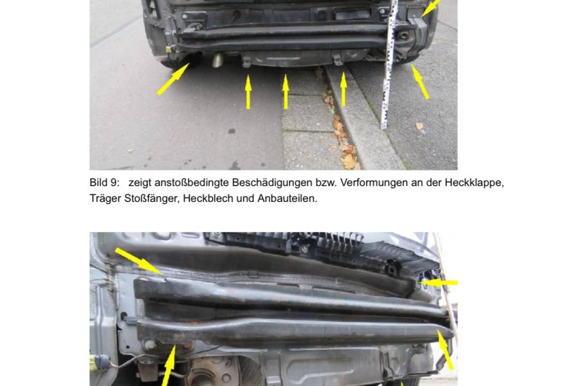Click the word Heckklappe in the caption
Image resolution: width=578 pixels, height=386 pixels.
coord(474,183)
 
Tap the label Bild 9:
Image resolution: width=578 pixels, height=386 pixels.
coord(105,183)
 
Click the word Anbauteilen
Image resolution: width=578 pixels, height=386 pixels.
coord(287,198)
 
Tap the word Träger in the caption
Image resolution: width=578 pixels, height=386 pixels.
coord(105,198)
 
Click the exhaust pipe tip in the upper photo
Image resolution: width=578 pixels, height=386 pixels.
coord(218,60)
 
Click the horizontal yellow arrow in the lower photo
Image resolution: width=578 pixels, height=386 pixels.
coord(439,283)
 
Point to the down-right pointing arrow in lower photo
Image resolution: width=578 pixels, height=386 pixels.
coord(139,261)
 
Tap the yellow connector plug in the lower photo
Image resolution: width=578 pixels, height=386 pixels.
coord(100,361)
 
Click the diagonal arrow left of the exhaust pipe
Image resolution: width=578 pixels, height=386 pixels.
coord(173,79)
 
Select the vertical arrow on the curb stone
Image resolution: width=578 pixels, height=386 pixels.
coord(344,89)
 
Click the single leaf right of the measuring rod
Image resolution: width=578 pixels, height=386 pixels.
coord(419,126)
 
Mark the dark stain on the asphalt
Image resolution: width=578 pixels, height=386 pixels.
coord(231,131)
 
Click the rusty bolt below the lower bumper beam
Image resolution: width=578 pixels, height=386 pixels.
coord(188,347)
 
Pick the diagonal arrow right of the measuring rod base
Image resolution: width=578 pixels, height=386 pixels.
coord(420,82)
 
